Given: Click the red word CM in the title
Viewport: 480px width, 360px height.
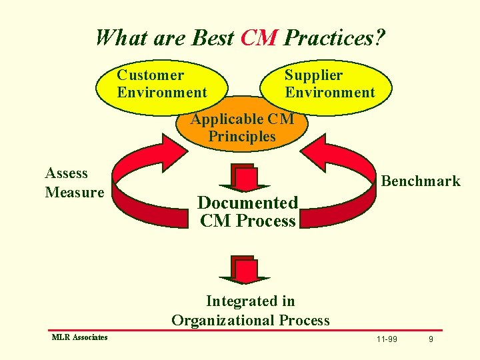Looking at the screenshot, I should click(x=259, y=37).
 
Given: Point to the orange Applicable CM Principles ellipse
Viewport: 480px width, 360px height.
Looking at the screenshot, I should click(x=242, y=128).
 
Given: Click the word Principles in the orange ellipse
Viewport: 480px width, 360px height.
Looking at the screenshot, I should click(x=242, y=137).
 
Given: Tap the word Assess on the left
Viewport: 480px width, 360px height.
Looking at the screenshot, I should click(x=66, y=173).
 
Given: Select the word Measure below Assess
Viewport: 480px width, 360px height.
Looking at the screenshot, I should click(x=75, y=193).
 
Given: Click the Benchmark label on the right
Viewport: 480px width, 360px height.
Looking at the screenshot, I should click(x=420, y=181).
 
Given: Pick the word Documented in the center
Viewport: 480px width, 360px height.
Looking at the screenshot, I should click(x=247, y=203).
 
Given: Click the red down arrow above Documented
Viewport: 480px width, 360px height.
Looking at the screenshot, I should click(x=245, y=178).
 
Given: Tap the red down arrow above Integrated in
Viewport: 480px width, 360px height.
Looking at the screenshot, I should click(x=245, y=271).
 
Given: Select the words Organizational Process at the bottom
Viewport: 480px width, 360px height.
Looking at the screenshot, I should click(x=251, y=320).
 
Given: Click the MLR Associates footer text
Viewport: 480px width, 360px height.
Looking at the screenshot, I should click(x=79, y=337).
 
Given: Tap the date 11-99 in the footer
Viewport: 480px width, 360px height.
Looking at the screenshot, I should click(x=387, y=340).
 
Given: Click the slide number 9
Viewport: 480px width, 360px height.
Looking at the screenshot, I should click(x=431, y=340).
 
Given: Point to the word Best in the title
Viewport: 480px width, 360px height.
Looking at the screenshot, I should click(x=213, y=37).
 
